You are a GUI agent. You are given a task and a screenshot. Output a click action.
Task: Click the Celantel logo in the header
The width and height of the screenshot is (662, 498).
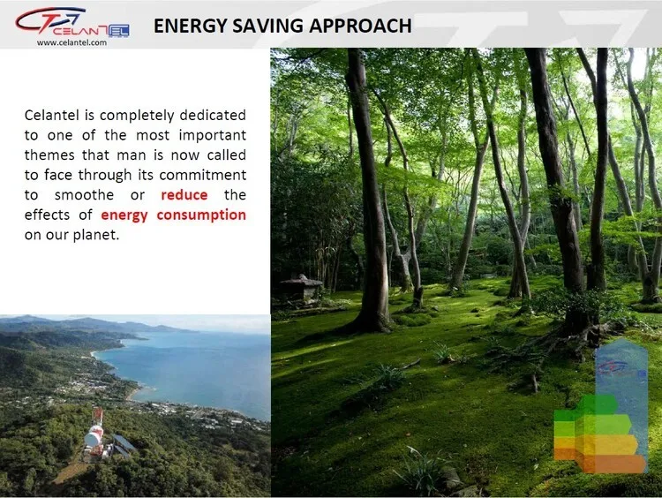pos(71,22)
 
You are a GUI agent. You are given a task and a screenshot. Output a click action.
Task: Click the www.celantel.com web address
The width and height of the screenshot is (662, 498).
pos(71,42)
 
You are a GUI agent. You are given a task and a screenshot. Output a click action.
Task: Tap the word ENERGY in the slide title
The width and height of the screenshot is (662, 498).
pos(191,26)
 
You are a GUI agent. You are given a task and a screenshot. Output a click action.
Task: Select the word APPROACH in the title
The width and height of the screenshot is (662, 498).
pos(360,26)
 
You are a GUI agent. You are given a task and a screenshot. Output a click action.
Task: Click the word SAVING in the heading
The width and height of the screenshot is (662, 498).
pos(268,26)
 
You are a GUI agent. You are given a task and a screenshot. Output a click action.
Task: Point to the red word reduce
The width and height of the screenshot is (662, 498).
pos(184,195)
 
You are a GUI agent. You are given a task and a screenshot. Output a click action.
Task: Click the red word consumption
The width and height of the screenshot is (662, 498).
pos(201,215)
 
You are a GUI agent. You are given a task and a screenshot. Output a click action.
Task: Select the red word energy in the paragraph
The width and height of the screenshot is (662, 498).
pos(124,215)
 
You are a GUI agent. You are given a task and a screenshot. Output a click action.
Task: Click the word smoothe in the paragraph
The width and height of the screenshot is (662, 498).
pos(84,195)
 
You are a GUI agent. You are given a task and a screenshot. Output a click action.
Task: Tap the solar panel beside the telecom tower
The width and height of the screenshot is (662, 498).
pos(124,443)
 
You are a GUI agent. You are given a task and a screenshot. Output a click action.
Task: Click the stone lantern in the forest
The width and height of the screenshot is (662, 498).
pos(301,290)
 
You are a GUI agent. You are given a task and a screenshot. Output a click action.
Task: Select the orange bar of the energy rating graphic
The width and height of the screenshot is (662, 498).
pos(599,464)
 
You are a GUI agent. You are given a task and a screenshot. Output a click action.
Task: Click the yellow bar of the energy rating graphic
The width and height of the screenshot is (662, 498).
pos(595,444)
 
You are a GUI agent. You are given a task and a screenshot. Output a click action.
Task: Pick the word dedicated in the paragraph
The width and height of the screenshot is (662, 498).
pos(213,115)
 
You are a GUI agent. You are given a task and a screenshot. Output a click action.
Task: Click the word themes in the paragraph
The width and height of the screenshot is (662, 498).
pos(49,155)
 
